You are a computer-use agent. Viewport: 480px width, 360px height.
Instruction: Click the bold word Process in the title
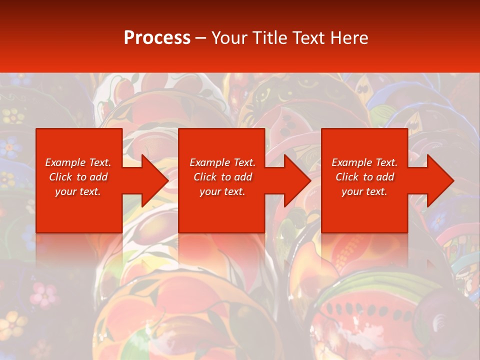[157, 37]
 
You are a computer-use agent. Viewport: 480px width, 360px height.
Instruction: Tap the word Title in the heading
[270, 37]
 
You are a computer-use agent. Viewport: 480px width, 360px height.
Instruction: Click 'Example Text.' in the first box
[78, 162]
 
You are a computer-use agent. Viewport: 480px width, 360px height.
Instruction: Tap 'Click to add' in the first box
[78, 177]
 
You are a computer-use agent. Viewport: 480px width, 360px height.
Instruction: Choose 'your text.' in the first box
[78, 191]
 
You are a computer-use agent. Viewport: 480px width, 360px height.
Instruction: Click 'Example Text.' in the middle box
[222, 162]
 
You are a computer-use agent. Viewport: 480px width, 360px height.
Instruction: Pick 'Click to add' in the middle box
[222, 177]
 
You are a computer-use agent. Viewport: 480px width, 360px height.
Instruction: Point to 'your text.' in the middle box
[222, 191]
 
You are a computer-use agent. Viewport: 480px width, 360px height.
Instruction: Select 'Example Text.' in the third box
[364, 162]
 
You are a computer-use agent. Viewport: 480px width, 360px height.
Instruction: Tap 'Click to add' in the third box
[364, 177]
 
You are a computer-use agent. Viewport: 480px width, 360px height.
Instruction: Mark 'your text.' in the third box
[364, 191]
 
